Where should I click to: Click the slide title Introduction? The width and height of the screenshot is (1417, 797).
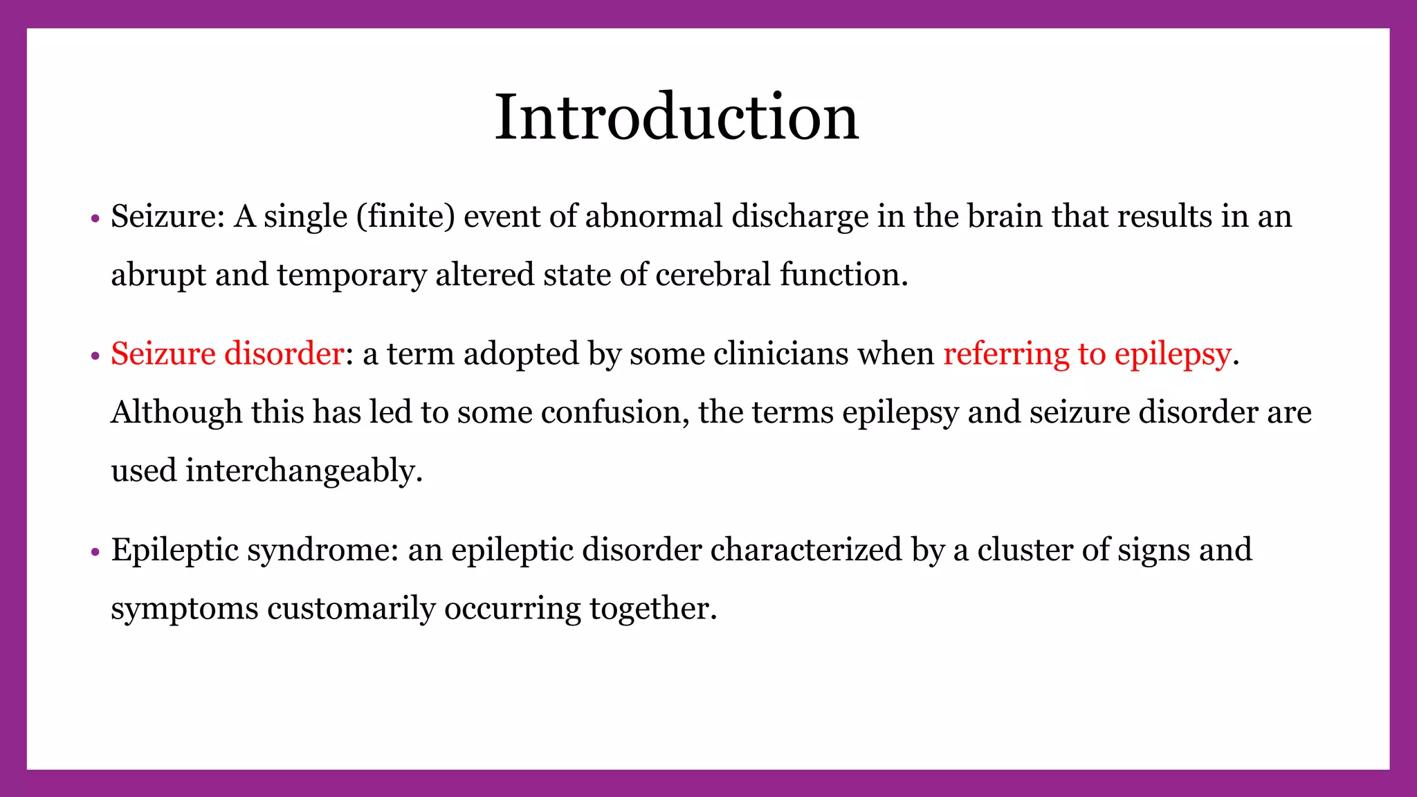(676, 117)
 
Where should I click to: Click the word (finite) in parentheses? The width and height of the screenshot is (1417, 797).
(405, 217)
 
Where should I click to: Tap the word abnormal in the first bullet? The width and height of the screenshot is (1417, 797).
(654, 217)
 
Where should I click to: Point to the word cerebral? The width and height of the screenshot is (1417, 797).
(713, 275)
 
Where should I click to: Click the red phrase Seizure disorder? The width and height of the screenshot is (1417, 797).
(227, 354)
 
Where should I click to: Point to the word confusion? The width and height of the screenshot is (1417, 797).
(614, 412)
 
